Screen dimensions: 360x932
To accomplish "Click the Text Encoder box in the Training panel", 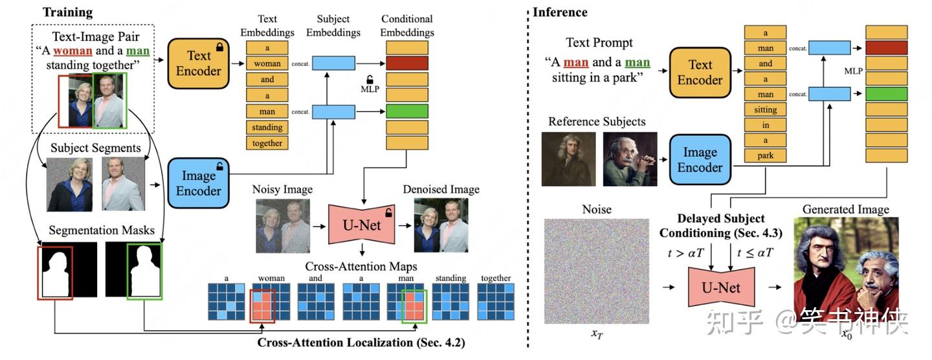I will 198,63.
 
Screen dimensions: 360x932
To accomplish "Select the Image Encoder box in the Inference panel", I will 700,159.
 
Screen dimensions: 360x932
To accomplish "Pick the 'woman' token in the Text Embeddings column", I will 267,63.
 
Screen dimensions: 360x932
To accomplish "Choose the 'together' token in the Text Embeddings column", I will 267,143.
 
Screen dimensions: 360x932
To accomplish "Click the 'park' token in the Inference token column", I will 766,155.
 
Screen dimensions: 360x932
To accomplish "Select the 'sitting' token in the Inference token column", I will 766,109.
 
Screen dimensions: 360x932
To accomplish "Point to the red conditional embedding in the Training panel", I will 407,63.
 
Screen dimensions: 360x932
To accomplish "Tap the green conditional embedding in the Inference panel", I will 886,95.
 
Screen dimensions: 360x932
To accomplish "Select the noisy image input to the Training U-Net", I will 283,225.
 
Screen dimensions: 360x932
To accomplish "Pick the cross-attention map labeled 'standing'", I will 450,302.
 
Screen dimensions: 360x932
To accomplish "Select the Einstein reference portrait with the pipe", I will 630,159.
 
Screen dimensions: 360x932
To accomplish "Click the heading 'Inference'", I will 560,12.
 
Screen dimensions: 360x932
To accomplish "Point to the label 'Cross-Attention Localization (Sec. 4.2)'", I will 361,342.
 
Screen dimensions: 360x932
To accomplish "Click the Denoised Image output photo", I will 441,225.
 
